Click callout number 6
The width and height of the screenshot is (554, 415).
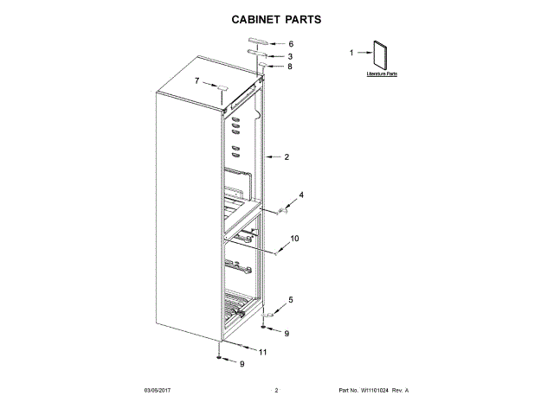(x=291, y=44)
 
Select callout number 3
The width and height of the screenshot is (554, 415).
(x=291, y=56)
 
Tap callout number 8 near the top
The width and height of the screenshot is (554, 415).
(x=290, y=67)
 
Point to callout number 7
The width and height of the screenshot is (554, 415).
(x=196, y=81)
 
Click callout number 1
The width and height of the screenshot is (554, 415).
(x=351, y=54)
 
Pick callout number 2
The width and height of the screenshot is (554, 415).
(x=287, y=157)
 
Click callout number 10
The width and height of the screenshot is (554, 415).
(x=294, y=238)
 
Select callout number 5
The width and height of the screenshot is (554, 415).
(x=291, y=300)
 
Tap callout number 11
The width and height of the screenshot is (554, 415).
(x=263, y=352)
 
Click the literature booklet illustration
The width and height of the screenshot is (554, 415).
(x=379, y=56)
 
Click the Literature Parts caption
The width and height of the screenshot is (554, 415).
(x=381, y=76)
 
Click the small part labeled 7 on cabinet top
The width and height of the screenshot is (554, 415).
(x=222, y=89)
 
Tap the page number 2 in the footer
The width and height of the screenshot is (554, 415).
(x=276, y=391)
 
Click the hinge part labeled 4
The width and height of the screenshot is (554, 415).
(x=282, y=210)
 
